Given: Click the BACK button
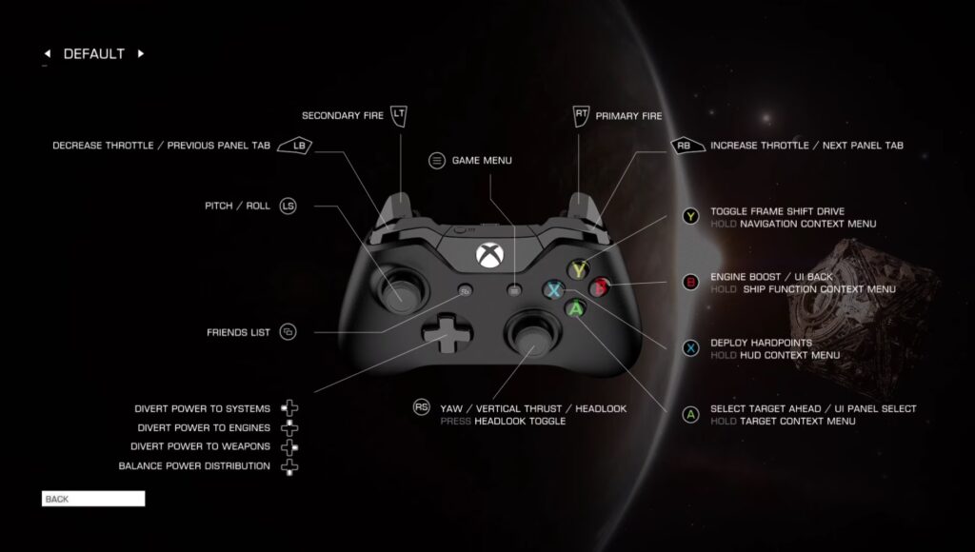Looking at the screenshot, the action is tap(93, 499).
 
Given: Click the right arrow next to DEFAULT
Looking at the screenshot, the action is tap(141, 53).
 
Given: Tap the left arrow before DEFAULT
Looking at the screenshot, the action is tap(48, 53).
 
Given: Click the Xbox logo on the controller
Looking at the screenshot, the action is tap(490, 255).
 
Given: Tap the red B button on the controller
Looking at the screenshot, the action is tap(600, 287).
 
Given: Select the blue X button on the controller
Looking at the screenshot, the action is tap(553, 289).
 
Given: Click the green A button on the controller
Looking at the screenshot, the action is tap(576, 308).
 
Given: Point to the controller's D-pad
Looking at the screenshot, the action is tap(448, 333).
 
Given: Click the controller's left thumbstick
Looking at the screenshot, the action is tap(399, 290).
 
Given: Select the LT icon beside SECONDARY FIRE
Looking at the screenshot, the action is tap(399, 115).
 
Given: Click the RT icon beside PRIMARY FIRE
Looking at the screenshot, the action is tap(581, 115).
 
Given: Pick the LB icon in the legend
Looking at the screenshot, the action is tap(295, 146).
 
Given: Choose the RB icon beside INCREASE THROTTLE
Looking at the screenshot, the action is tap(687, 146).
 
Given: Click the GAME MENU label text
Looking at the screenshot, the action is tap(482, 161).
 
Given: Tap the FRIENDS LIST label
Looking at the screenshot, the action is tap(239, 332).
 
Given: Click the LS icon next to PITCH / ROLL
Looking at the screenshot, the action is tap(288, 206).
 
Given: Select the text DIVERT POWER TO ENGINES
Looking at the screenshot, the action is tap(204, 427).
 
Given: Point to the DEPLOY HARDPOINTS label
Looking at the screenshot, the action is tap(761, 343).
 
